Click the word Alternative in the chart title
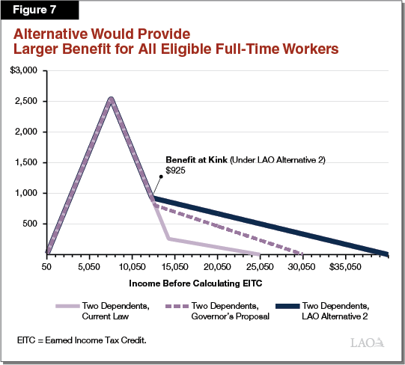coord(50,34)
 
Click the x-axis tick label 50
coord(46,266)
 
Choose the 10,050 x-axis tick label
coord(132,266)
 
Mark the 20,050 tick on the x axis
coord(217,266)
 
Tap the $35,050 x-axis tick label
coord(344,266)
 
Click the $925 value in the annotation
coord(176,171)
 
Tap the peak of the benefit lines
coord(111,98)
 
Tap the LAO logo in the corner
coord(368,343)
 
